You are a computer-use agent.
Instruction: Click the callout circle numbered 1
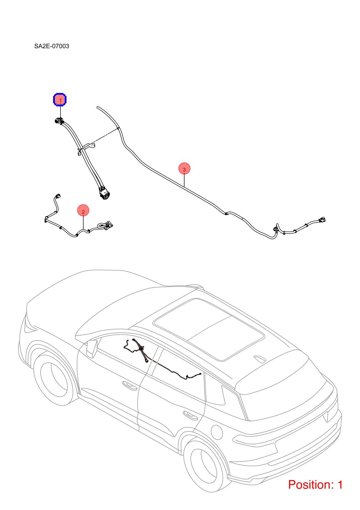60,100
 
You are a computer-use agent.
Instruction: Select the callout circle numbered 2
83,210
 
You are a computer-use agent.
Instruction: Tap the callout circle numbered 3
184,169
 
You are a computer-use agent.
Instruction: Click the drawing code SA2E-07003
52,46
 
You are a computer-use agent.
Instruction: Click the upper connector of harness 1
59,121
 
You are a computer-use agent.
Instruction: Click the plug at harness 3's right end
322,220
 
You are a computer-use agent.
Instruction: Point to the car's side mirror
92,349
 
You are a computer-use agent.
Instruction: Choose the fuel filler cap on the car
217,432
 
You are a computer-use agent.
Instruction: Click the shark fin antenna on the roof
260,359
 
